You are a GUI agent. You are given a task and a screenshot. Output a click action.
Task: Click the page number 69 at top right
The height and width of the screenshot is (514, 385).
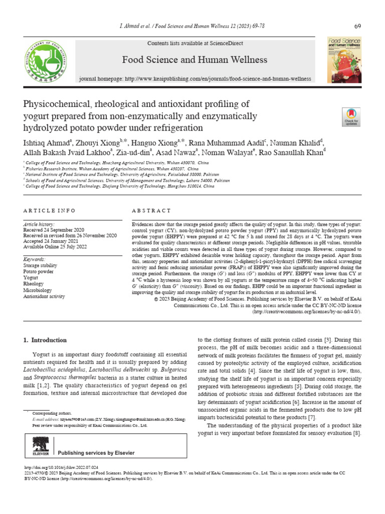click(x=357, y=26)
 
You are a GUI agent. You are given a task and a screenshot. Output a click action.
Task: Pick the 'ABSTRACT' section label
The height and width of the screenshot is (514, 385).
click(x=151, y=210)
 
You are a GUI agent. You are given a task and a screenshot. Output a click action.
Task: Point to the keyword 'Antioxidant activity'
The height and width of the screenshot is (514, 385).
click(x=44, y=296)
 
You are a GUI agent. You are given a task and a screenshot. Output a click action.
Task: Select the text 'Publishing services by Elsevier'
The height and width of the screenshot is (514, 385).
click(x=97, y=453)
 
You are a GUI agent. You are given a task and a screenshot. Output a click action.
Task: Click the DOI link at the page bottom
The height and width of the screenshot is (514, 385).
click(x=62, y=467)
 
